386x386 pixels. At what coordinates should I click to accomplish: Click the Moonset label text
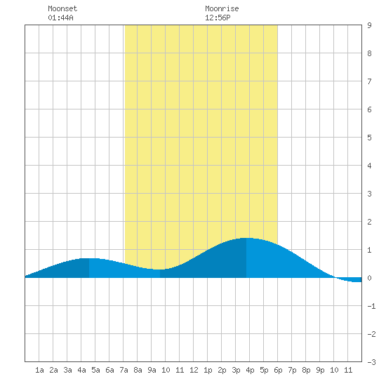coord(62,8)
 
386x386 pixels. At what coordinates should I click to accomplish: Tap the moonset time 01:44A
coord(60,18)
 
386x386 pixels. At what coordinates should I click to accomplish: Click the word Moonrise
coord(222,8)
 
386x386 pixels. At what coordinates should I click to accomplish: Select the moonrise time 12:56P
coord(218,18)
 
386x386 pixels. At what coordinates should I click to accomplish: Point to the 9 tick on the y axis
coord(369,25)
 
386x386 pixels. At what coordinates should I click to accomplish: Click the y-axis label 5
coord(369,138)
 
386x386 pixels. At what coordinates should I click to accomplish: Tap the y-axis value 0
coord(369,278)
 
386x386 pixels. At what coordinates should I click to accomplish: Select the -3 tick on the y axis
coord(371,362)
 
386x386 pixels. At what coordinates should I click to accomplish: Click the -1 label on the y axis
coord(371,306)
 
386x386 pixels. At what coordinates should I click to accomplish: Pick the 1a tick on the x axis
coord(39,370)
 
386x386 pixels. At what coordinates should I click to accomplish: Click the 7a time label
coord(124,370)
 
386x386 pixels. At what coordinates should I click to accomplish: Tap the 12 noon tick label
coord(194,370)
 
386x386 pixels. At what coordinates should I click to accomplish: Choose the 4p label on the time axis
coord(250,370)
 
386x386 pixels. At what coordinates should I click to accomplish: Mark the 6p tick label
coord(278,370)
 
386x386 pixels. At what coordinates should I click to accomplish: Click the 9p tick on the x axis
coord(320,370)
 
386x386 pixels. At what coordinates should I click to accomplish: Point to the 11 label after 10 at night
coord(348,370)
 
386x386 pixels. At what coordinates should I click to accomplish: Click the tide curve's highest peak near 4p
coord(246,239)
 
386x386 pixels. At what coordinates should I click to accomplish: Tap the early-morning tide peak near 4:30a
coord(89,259)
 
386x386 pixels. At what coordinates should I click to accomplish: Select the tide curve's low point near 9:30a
coord(160,269)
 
